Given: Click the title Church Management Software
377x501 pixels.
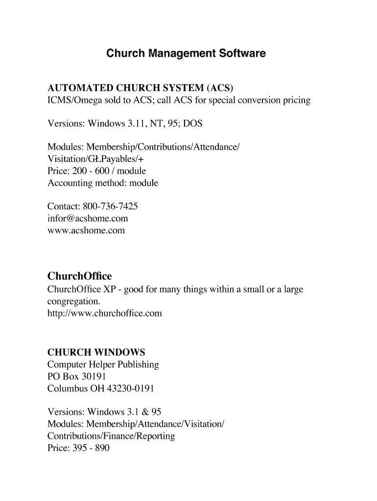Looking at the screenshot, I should click(x=186, y=53).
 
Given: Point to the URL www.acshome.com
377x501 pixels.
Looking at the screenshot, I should click(x=86, y=230).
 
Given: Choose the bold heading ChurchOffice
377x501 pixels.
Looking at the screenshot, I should click(x=80, y=277).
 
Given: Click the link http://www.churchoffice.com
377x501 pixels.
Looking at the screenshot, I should click(x=104, y=313).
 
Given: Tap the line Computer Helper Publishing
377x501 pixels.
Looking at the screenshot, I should click(x=103, y=364).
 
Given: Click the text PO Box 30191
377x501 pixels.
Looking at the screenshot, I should click(x=76, y=377).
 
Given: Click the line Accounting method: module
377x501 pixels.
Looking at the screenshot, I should click(x=103, y=183).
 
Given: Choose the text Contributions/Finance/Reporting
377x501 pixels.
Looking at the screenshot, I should click(x=111, y=436).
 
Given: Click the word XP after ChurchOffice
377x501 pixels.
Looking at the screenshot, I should click(x=108, y=289).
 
